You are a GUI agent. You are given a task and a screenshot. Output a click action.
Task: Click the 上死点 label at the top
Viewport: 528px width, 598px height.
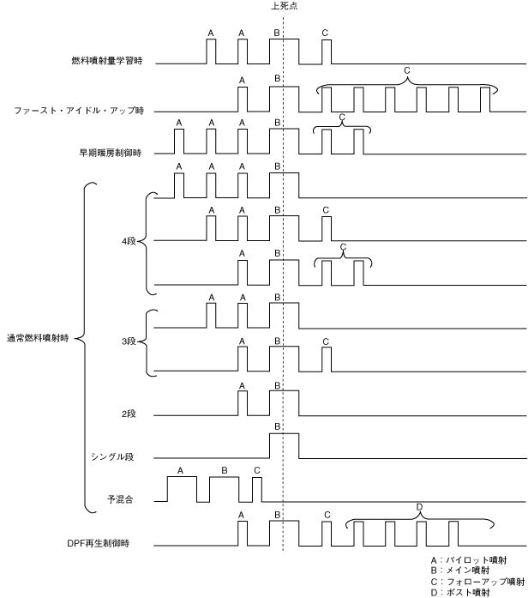283,6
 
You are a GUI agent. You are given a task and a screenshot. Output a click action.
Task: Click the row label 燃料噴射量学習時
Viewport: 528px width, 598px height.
106,62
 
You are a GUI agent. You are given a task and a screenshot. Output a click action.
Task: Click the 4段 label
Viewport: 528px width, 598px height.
129,241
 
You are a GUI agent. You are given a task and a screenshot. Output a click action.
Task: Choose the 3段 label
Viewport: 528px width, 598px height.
129,341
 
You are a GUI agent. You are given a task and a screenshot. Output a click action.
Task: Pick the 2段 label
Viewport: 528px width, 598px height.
129,413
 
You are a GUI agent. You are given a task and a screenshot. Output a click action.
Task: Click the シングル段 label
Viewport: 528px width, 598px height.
112,457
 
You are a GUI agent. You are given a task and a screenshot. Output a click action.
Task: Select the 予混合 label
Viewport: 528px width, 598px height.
117,498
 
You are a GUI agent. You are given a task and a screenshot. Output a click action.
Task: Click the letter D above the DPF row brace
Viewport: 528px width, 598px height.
419,507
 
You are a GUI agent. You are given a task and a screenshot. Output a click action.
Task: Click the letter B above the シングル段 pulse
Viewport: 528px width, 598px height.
277,426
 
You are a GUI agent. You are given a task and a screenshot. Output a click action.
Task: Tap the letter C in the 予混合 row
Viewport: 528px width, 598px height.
256,469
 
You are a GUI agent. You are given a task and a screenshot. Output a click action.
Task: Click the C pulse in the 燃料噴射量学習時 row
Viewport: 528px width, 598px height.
326,51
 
